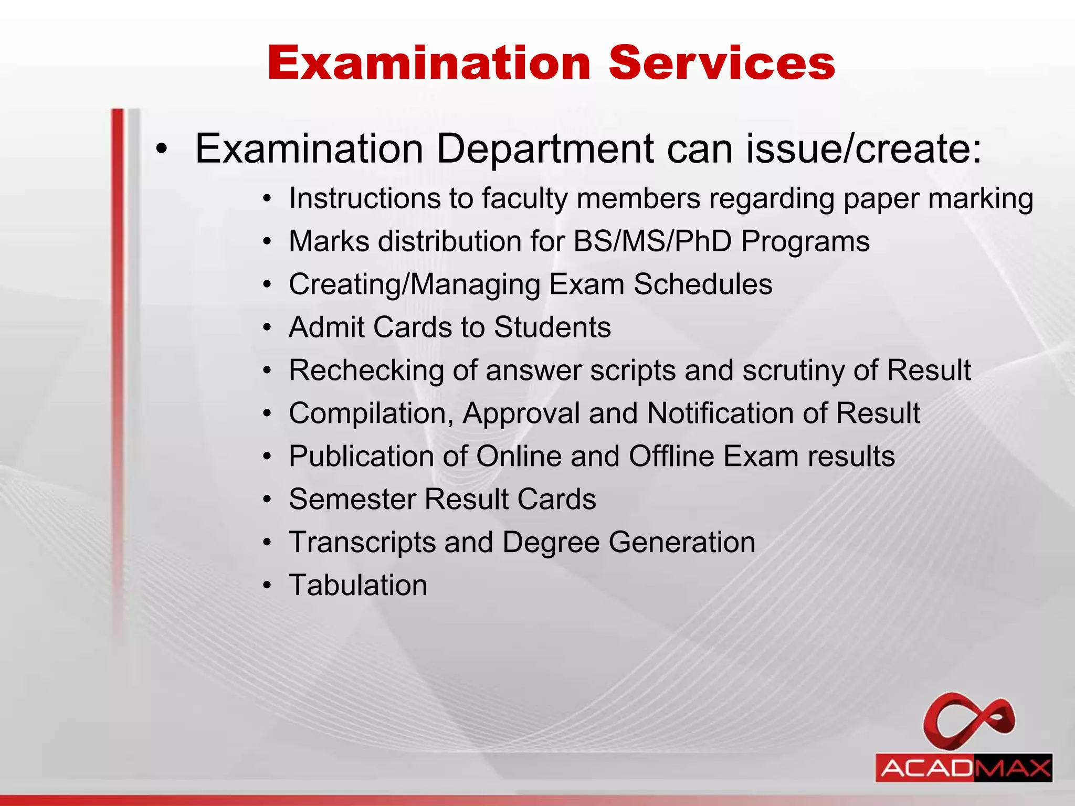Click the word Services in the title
[x=722, y=63]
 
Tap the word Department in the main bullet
[x=545, y=149]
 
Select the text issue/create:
[x=863, y=149]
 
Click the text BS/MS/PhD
[x=652, y=242]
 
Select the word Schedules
[x=703, y=284]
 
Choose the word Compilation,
[x=371, y=414]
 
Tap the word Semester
[x=352, y=500]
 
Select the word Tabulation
[x=358, y=586]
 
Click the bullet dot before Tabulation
[x=268, y=586]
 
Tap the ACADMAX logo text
[x=964, y=769]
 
